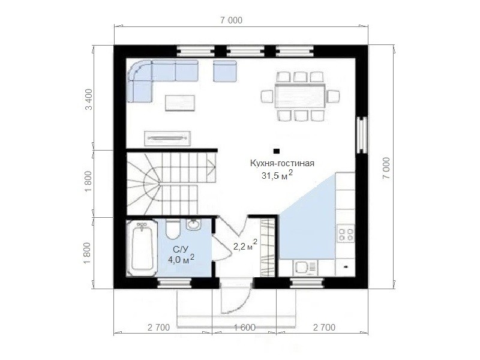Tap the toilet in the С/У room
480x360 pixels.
(173, 229)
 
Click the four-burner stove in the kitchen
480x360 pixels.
(346, 233)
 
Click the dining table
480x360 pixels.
(299, 95)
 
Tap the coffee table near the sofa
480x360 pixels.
(180, 103)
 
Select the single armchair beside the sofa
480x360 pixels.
(225, 71)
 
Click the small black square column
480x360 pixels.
(277, 151)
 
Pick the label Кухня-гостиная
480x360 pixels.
(282, 163)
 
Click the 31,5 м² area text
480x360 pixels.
(277, 175)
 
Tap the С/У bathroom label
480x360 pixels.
(181, 250)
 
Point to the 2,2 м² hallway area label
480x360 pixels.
(245, 246)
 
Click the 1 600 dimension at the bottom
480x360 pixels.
(245, 327)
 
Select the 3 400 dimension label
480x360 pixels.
(88, 99)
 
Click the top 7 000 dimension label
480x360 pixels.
(231, 20)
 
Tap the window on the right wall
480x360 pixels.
(362, 134)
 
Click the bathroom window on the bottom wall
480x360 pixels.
(175, 283)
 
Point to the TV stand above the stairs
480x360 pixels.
(168, 139)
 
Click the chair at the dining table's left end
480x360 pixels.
(267, 96)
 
